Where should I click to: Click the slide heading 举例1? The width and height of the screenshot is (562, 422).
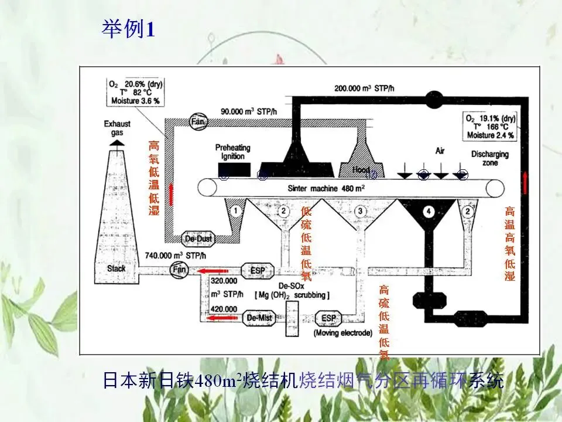tap(128, 29)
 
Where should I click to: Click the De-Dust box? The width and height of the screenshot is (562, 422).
tap(199, 239)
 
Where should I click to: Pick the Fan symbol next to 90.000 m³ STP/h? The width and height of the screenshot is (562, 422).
tap(197, 121)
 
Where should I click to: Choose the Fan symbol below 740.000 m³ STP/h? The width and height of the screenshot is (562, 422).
tap(179, 270)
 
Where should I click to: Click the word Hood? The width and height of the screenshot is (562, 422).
tap(361, 170)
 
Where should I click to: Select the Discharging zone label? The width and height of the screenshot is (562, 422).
tap(490, 158)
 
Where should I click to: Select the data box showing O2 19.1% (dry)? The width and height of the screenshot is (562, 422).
tap(490, 126)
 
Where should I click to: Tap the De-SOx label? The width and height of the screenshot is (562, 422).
tap(290, 285)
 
